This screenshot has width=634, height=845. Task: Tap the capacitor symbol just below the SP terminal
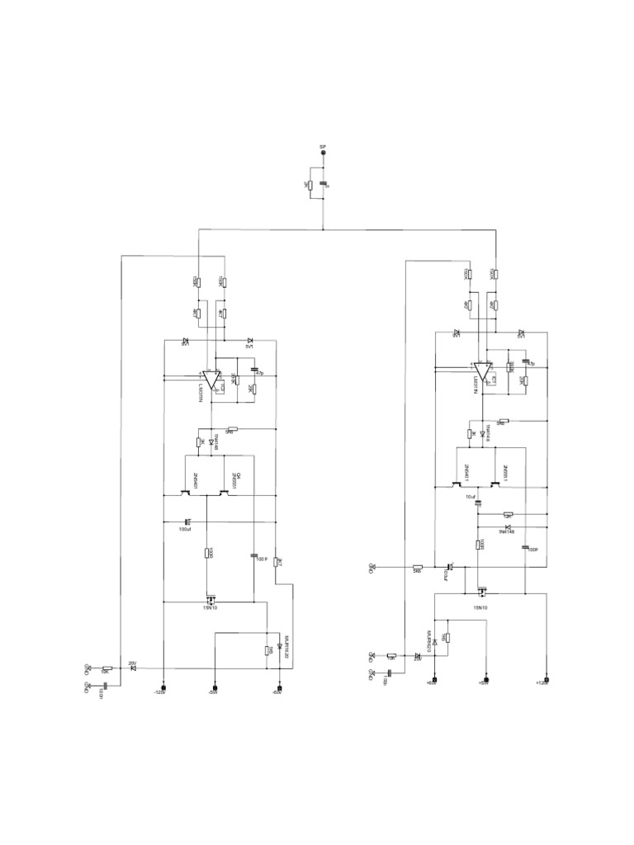322,184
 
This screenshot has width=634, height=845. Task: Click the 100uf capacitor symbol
187,521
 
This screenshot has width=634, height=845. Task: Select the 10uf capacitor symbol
478,503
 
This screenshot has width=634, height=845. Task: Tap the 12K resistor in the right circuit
391,656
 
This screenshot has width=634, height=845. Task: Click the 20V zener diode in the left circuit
132,667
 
